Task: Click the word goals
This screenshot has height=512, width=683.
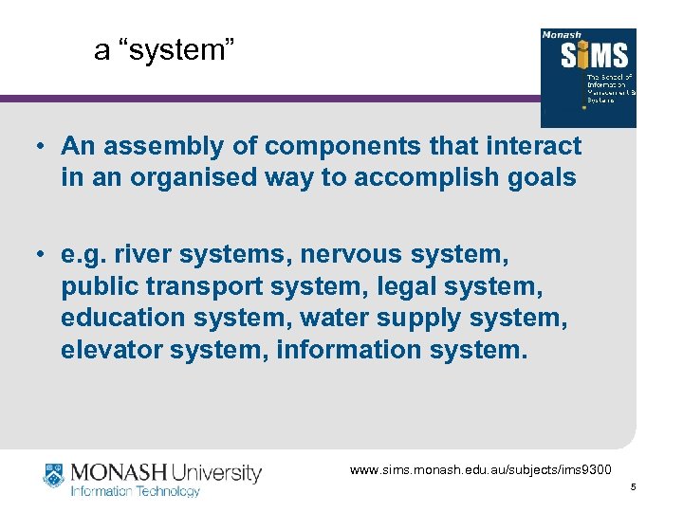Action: (542, 177)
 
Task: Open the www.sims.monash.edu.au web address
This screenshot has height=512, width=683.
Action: (481, 469)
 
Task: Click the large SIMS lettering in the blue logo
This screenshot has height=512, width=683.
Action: (587, 56)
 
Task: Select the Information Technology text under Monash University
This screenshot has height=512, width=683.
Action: (136, 491)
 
